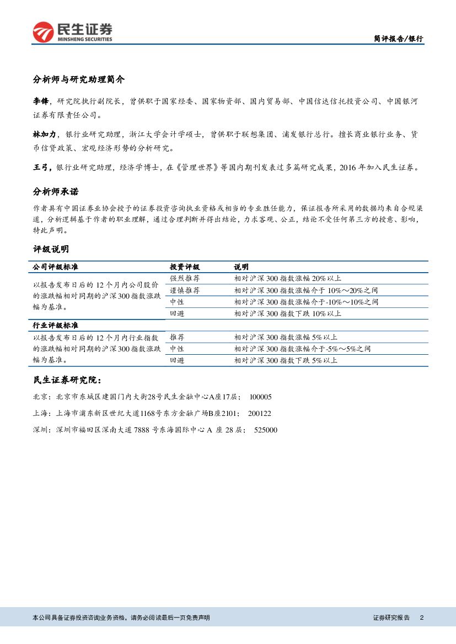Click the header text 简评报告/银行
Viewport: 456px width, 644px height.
(398, 39)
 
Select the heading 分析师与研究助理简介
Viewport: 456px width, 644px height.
(78, 79)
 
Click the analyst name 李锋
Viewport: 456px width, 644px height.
(41, 101)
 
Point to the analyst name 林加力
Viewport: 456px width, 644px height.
(45, 134)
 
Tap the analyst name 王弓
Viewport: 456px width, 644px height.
(41, 167)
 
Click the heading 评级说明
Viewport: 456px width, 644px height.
(51, 250)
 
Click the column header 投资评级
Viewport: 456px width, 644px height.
(185, 267)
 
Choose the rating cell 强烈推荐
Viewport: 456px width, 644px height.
(185, 278)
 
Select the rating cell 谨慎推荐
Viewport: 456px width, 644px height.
(185, 290)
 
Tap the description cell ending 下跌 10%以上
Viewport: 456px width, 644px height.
(287, 313)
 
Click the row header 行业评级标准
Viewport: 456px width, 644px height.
(55, 326)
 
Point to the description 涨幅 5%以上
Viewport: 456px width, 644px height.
(286, 337)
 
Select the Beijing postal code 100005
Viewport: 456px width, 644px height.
(261, 397)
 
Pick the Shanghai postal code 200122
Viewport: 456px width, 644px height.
(259, 413)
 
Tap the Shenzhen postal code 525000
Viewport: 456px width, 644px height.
(266, 430)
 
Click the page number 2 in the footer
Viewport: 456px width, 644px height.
(421, 618)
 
